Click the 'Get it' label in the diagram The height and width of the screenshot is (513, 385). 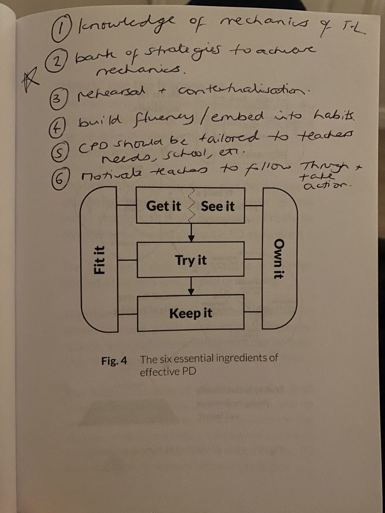click(x=163, y=206)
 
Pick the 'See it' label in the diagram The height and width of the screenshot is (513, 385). click(x=217, y=206)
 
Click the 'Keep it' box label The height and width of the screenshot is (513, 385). click(x=191, y=314)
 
